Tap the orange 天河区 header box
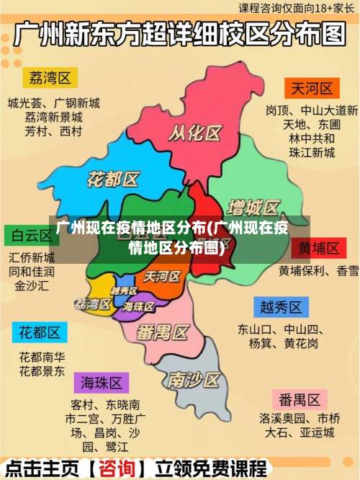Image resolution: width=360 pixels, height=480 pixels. (x=312, y=89)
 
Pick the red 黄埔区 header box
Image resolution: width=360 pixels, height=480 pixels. (x=319, y=249)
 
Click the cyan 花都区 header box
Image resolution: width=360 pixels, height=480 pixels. (x=40, y=333)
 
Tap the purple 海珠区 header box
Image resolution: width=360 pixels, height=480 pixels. (x=101, y=382)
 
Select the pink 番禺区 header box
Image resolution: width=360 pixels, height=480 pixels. (x=300, y=399)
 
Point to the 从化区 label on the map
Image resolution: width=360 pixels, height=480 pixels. (x=194, y=133)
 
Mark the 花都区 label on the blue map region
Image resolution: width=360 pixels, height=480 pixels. (x=113, y=179)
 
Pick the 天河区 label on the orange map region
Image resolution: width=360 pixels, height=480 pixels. (x=161, y=276)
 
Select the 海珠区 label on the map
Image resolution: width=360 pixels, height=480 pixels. (x=139, y=306)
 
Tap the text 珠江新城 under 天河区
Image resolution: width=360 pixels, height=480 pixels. (x=312, y=153)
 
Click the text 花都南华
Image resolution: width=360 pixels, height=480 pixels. (x=42, y=357)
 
